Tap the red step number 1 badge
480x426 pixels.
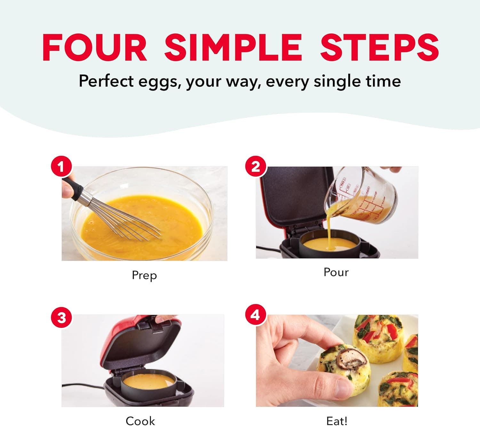pos(61,167)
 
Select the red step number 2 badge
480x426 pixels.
pos(255,167)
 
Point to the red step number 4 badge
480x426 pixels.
pos(255,315)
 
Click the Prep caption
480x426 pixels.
pos(144,275)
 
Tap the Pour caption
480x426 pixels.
pos(336,272)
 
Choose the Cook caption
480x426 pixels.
pos(140,421)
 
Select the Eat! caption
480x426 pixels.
pos(337,421)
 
